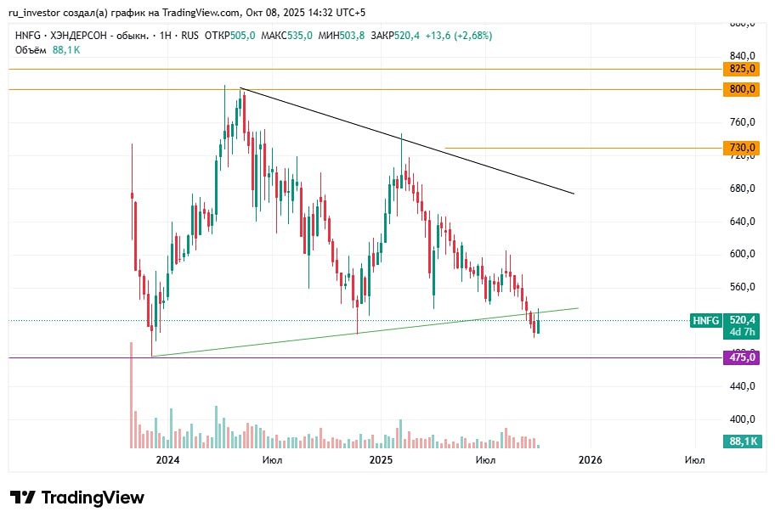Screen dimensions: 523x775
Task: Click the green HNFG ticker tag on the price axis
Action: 706,320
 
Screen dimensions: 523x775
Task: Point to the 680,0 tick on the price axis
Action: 743,188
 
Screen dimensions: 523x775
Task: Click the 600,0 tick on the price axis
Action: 743,254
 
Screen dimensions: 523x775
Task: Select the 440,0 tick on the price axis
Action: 743,386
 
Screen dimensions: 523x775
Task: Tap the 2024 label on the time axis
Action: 167,460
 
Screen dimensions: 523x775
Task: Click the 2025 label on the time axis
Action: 380,460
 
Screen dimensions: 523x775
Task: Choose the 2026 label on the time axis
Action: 591,460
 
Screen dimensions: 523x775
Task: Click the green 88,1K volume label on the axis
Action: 743,441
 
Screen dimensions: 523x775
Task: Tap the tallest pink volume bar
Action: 132,395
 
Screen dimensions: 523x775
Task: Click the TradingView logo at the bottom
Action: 77,498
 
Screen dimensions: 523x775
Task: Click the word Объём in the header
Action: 31,50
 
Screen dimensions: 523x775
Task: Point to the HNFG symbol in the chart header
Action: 28,36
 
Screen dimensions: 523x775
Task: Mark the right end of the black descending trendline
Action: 574,194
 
